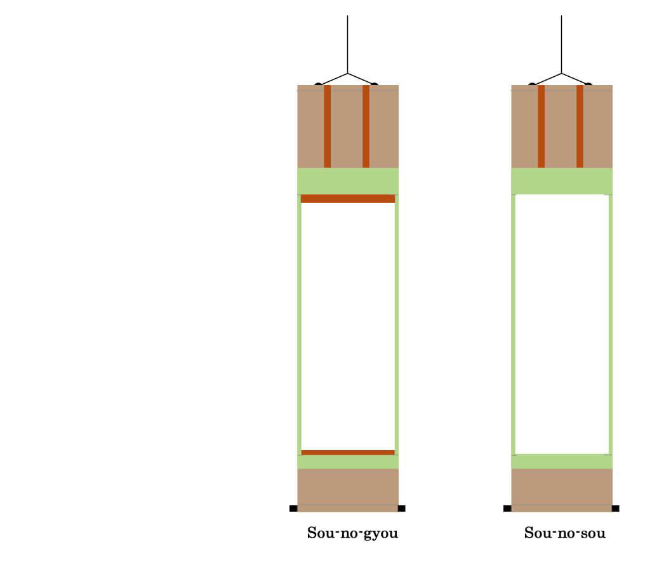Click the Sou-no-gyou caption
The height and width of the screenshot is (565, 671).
coord(352,533)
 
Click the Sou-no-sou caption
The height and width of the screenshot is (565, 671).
coord(565,533)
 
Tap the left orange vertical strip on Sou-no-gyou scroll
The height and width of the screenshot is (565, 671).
coord(328,126)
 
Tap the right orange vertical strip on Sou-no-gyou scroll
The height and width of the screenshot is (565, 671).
coord(366,126)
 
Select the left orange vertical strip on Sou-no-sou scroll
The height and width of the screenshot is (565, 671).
coord(541,126)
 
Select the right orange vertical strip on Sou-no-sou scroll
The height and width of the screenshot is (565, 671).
coord(580,126)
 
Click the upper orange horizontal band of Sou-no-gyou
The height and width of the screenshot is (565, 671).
coord(348,199)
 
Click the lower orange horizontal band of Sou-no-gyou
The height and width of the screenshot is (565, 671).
coord(348,453)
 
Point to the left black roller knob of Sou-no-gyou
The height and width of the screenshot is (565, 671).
coord(293,508)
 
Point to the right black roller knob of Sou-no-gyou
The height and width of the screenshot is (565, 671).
coord(401,508)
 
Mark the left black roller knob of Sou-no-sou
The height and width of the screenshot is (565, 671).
coord(507,508)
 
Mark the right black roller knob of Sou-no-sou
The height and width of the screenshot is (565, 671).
coord(615,508)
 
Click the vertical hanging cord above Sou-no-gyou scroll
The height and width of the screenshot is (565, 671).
coord(347,44)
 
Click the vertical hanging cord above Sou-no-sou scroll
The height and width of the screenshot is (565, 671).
coord(561,44)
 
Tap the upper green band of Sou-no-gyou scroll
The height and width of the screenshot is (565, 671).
coord(348,181)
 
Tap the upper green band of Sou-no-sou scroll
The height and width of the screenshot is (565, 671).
coord(562,181)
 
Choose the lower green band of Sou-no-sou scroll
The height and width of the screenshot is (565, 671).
coord(562,462)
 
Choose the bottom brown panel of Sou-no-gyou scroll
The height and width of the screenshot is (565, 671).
coord(348,490)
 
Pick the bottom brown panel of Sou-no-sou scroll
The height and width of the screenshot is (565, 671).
coord(562,490)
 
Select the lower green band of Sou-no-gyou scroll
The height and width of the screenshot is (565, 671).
coord(348,462)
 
